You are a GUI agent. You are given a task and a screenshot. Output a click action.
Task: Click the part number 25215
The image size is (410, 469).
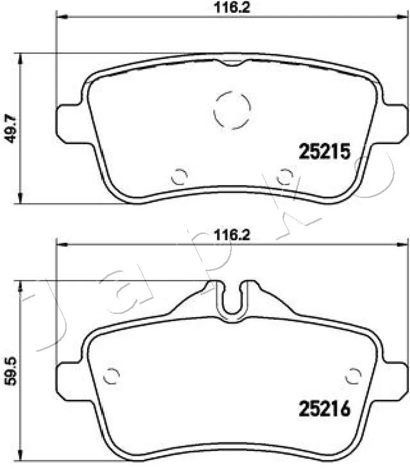pyautogui.click(x=324, y=151)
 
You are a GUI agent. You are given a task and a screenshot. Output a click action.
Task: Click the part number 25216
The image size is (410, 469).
pyautogui.click(x=324, y=409)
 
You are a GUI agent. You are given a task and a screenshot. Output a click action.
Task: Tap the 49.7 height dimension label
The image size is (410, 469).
pyautogui.click(x=11, y=129)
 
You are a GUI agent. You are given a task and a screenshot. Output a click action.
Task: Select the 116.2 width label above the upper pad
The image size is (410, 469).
pyautogui.click(x=232, y=7)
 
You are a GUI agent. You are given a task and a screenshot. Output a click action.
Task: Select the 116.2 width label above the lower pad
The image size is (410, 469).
pyautogui.click(x=232, y=235)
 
